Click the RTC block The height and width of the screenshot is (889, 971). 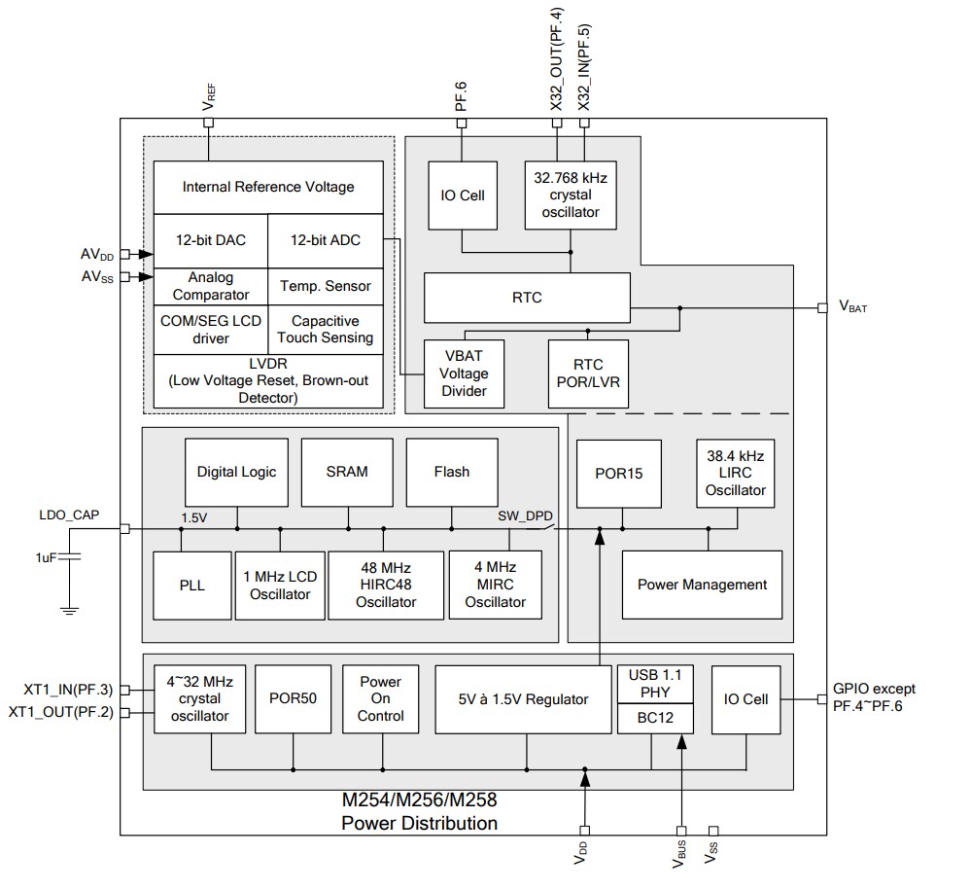coord(527,298)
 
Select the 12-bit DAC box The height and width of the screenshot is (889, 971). coord(210,240)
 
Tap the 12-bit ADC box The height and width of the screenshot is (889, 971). coord(326,240)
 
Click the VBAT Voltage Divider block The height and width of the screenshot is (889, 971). coord(464,373)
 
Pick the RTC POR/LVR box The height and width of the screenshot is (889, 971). coord(588,373)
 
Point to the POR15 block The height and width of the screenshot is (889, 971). coord(619,473)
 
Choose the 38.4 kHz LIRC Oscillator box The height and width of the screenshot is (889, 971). coord(736,473)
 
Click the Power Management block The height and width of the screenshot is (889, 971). coord(702,585)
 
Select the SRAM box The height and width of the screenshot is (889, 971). coord(347,472)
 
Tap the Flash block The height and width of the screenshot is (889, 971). coord(451,472)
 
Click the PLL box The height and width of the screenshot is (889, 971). coord(191,586)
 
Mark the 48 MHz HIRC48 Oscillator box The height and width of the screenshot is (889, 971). coord(385,585)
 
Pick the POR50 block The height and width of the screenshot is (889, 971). coord(293,698)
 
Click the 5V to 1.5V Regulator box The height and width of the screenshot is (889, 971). coord(525,698)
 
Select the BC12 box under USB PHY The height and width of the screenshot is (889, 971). coord(656,719)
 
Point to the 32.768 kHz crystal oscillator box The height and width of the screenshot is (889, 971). coord(570,195)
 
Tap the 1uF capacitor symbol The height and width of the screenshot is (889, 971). coord(70,557)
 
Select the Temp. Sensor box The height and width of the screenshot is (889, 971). coord(326,286)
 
